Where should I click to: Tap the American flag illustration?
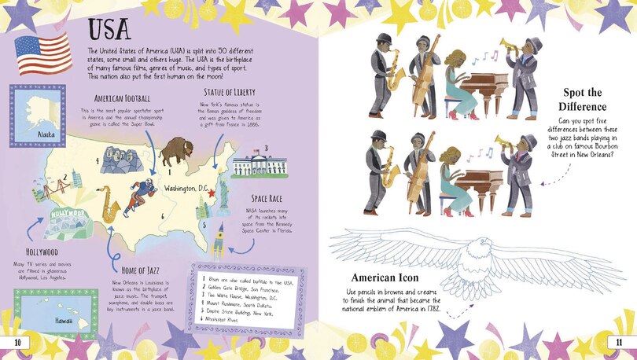(x=42, y=54)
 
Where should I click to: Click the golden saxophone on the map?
(x=109, y=204)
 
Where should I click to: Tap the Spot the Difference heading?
(x=583, y=98)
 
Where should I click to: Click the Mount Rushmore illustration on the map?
(x=120, y=160)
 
